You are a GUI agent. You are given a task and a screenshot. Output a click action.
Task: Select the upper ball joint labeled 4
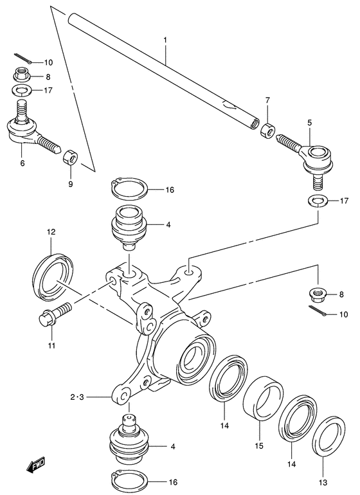coord(130,226)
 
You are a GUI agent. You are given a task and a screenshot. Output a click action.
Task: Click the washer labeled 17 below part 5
coord(316,201)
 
